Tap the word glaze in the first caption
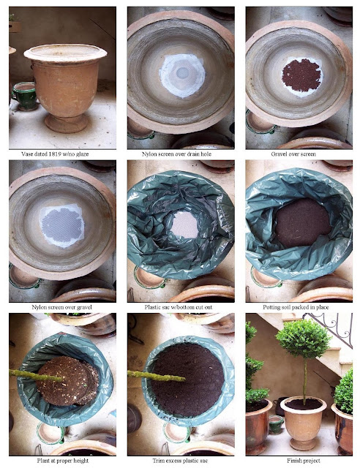click(x=81, y=154)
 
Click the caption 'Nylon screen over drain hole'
click(x=176, y=154)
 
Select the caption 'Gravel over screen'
click(x=293, y=154)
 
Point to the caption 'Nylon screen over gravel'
click(x=62, y=307)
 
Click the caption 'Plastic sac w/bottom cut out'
click(x=179, y=307)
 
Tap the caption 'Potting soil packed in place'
click(x=296, y=307)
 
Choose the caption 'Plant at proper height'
click(x=63, y=461)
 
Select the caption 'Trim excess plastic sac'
click(x=180, y=461)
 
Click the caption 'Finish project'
click(x=304, y=461)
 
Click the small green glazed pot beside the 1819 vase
click(x=25, y=96)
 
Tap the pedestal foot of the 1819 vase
click(x=66, y=123)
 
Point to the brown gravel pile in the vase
click(x=301, y=75)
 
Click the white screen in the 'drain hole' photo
click(x=182, y=75)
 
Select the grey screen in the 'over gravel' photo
click(x=63, y=225)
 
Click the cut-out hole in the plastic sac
click(x=184, y=224)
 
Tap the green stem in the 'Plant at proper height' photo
click(x=36, y=376)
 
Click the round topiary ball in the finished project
click(x=304, y=339)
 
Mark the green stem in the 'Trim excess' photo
click(x=157, y=376)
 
